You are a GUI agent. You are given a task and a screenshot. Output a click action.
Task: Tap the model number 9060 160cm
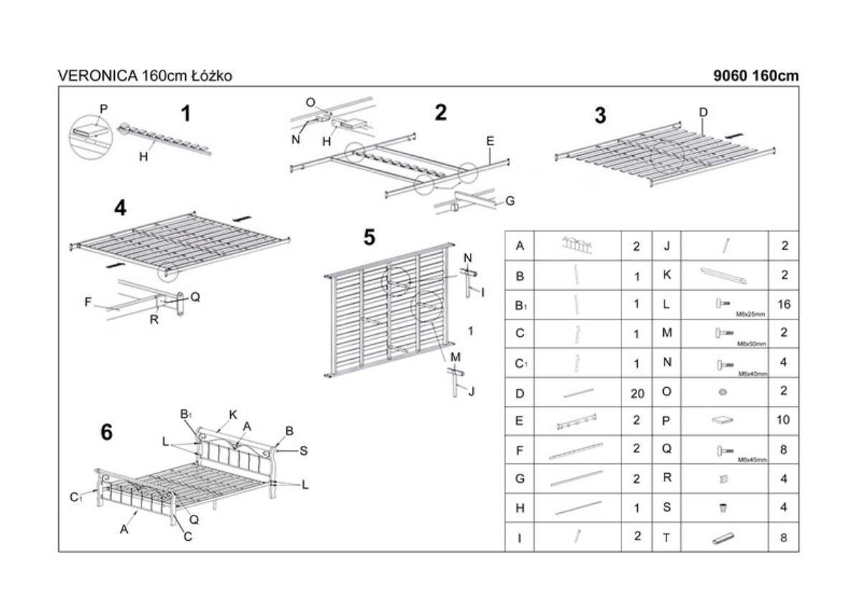[756, 75]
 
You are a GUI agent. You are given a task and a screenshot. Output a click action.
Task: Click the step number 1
[186, 114]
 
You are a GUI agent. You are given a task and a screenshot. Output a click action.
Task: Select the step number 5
[370, 238]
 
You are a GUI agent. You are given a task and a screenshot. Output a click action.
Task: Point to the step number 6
[107, 432]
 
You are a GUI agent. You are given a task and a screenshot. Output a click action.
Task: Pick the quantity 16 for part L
[784, 304]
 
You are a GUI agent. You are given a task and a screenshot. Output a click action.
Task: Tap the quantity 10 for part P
[784, 420]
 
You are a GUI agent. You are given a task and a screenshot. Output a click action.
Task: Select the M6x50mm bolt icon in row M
[723, 333]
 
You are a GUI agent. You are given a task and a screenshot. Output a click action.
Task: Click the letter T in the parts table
[666, 537]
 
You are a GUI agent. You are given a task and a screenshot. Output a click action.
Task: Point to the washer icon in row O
[723, 392]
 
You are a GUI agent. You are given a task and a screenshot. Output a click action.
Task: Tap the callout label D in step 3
[703, 112]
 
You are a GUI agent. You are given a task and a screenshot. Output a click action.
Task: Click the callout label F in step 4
[88, 302]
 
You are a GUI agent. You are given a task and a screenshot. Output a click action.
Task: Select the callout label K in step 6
[233, 414]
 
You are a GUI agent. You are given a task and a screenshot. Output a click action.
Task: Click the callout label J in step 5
[471, 391]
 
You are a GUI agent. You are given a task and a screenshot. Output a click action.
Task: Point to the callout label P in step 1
[103, 109]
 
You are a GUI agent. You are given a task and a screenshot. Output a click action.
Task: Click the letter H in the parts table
[519, 508]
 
